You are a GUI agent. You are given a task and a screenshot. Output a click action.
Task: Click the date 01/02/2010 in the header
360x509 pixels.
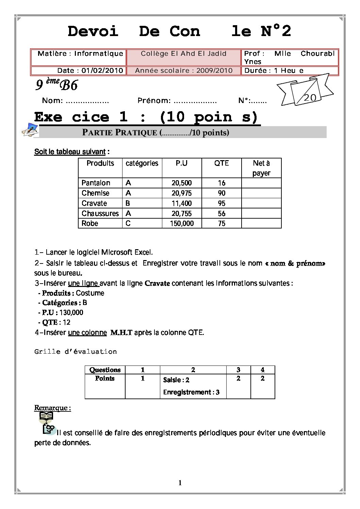tap(102, 71)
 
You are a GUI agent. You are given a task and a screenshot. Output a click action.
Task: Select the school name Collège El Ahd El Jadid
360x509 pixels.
tap(183, 54)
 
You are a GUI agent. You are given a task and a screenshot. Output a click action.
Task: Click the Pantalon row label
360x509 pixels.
tap(96, 183)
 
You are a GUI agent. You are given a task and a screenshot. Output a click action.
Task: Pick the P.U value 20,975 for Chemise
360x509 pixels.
tap(182, 193)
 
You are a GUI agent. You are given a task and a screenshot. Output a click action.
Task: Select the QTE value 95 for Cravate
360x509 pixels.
tap(222, 203)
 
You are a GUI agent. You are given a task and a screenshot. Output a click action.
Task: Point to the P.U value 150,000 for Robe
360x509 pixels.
tap(182, 223)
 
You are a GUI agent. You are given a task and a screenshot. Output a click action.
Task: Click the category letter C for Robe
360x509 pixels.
tap(128, 223)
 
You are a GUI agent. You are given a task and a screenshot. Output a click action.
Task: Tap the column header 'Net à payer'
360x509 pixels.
tap(261, 168)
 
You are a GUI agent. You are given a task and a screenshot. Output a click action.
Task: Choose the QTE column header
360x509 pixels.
tap(222, 163)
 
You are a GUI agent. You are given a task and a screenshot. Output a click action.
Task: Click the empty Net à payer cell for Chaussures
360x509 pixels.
tap(261, 214)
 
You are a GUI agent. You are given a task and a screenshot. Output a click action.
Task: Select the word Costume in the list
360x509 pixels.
tap(90, 293)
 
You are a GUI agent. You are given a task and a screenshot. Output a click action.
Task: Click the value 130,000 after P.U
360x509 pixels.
tap(71, 312)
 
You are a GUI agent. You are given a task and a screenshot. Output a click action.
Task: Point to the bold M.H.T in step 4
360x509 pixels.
tap(121, 333)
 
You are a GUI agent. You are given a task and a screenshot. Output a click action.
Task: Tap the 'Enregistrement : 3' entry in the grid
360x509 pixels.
tap(191, 392)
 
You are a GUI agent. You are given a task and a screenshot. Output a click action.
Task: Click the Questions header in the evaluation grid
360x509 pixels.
tap(105, 370)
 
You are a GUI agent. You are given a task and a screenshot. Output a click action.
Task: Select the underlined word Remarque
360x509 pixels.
tap(52, 408)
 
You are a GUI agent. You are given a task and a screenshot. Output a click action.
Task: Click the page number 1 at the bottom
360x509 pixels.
tap(180, 483)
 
